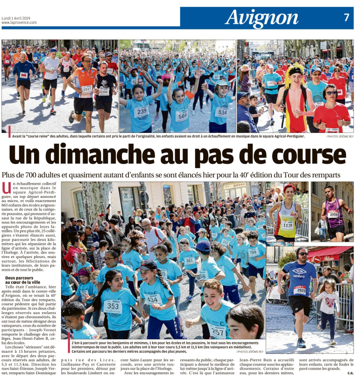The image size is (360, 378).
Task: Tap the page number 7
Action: tap(346, 17)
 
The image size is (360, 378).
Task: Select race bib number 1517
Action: tap(87, 89)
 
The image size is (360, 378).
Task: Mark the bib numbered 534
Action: tap(221, 112)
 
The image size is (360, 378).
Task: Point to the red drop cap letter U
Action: tap(6, 188)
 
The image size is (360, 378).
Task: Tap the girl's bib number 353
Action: tap(113, 306)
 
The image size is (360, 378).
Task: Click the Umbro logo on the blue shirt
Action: tap(298, 275)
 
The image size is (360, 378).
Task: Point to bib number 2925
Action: tap(299, 291)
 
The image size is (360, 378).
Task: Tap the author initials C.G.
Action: tap(350, 372)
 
